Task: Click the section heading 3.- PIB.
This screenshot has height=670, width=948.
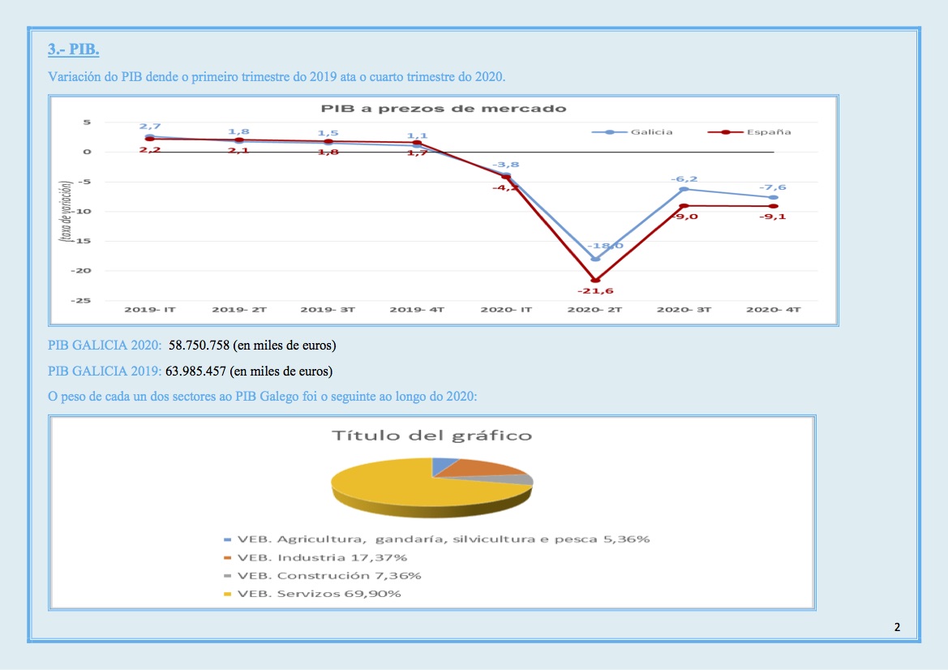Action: pos(73,49)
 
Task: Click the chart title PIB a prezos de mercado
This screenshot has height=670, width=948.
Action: pos(443,108)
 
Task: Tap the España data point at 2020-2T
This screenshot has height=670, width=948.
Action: pos(595,281)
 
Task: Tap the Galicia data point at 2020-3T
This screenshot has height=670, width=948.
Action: pos(684,189)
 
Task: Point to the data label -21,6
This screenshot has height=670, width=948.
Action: pos(595,290)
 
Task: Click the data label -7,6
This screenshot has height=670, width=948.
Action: pos(772,187)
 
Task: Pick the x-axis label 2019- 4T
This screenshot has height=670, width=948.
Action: pos(416,310)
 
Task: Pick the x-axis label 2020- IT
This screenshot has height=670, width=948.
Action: pos(504,310)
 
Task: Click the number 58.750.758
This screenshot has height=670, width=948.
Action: pos(199,346)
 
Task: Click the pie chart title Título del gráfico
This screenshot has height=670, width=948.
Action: pos(432,436)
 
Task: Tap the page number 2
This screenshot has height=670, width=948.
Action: pos(897,626)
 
